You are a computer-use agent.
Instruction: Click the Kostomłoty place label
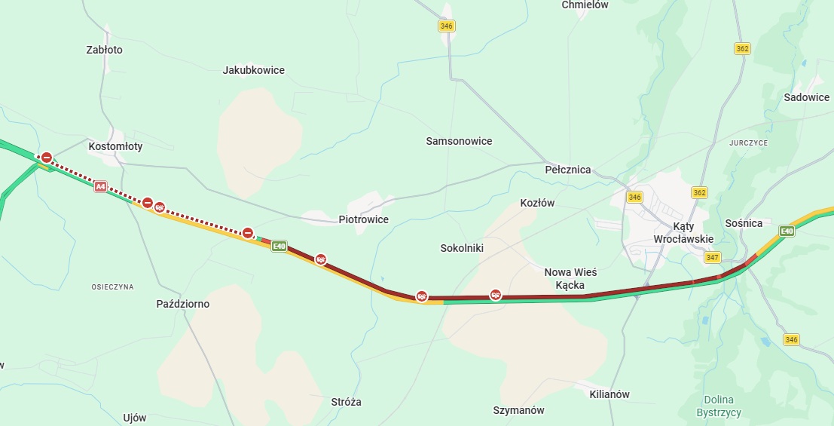pos(115,146)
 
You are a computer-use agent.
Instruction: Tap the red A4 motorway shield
pos(100,185)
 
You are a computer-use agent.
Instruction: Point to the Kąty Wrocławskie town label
pos(683,232)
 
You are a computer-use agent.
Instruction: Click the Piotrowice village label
pos(363,219)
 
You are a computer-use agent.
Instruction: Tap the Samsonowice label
pos(459,141)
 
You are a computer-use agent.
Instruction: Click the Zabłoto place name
pos(105,50)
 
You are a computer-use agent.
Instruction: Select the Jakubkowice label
pos(254,70)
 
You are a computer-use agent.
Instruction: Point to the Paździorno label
pos(183,304)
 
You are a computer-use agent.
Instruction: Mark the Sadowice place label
pos(806,97)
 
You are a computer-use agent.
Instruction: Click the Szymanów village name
pos(518,410)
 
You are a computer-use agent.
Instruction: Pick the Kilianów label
pos(610,394)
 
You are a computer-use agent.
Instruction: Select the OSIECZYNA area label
pos(112,287)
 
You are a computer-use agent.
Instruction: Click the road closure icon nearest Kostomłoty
pos(47,158)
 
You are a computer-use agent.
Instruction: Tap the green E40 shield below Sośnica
pos(787,231)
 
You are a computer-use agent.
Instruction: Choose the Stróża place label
pos(346,402)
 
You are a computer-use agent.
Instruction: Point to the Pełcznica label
pos(568,170)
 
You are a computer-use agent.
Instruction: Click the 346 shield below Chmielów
pos(447,26)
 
